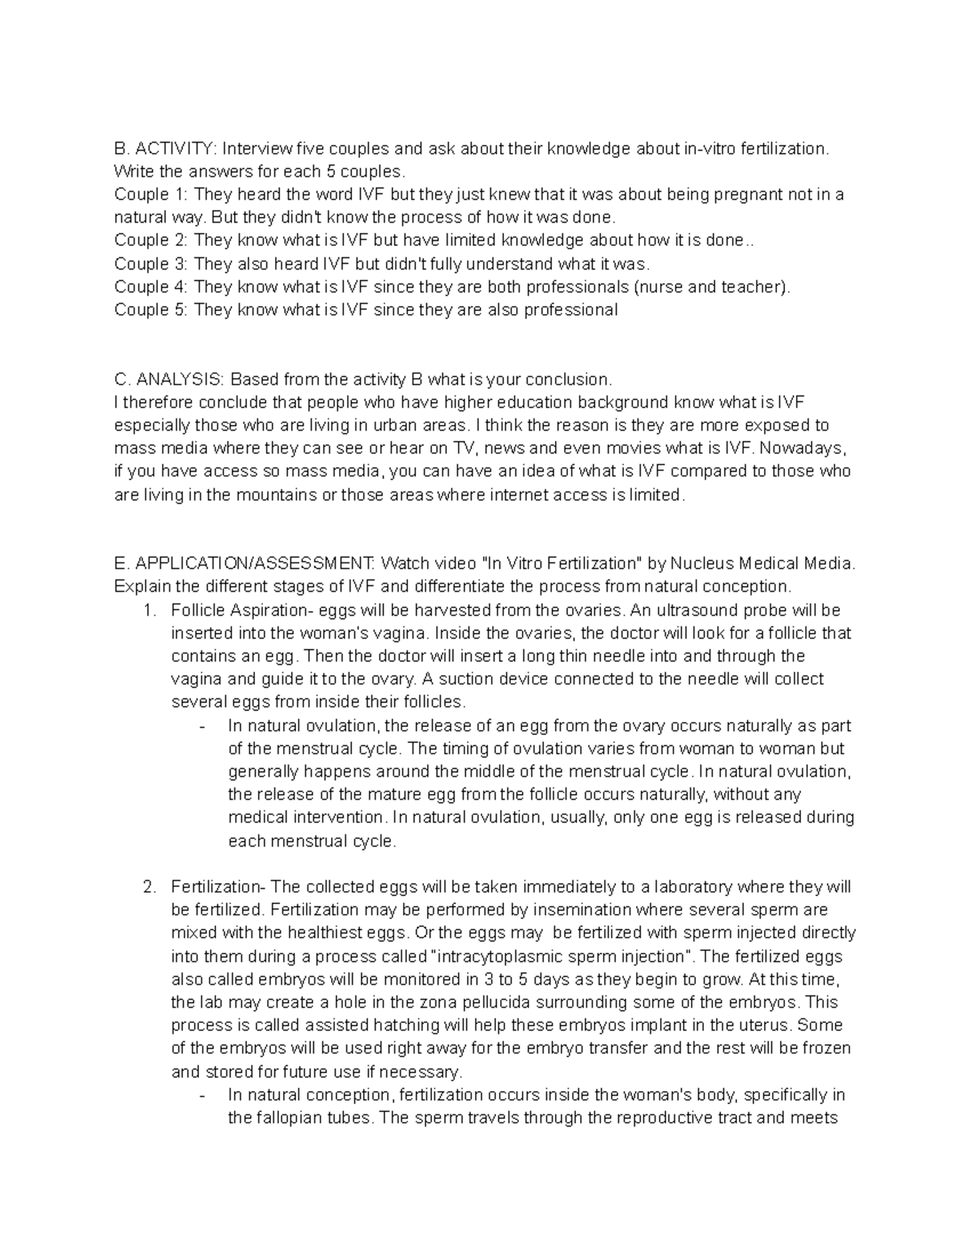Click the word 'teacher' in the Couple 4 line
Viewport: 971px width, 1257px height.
[755, 287]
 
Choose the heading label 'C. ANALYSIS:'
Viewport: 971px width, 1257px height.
[170, 380]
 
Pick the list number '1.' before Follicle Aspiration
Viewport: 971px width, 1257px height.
[148, 610]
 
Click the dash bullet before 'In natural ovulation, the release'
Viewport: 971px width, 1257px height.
[201, 726]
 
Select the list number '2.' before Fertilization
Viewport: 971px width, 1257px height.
[148, 887]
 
